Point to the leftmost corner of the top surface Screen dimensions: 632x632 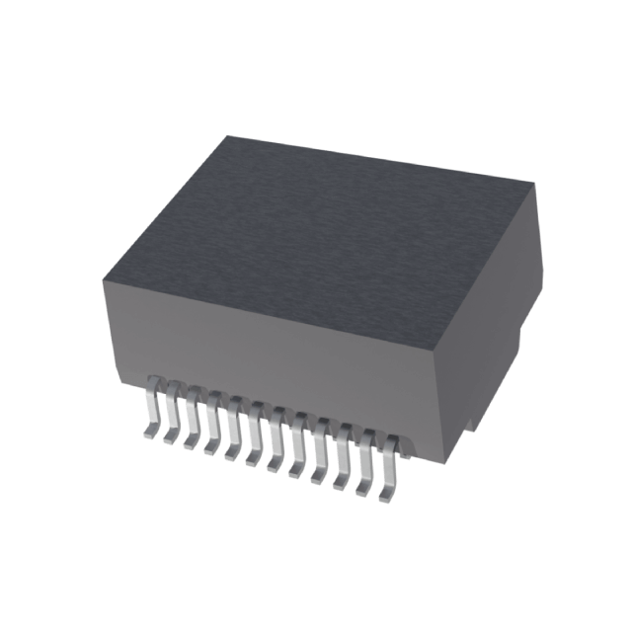[103, 284]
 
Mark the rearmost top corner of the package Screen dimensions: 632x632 [229, 136]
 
